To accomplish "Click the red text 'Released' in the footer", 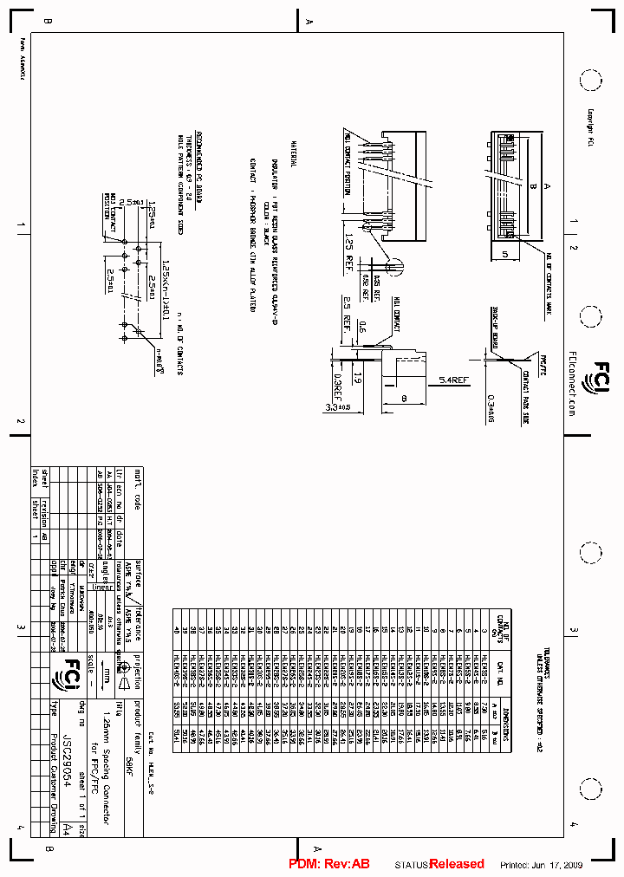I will [x=458, y=864].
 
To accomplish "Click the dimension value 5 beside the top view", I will [x=504, y=255].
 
